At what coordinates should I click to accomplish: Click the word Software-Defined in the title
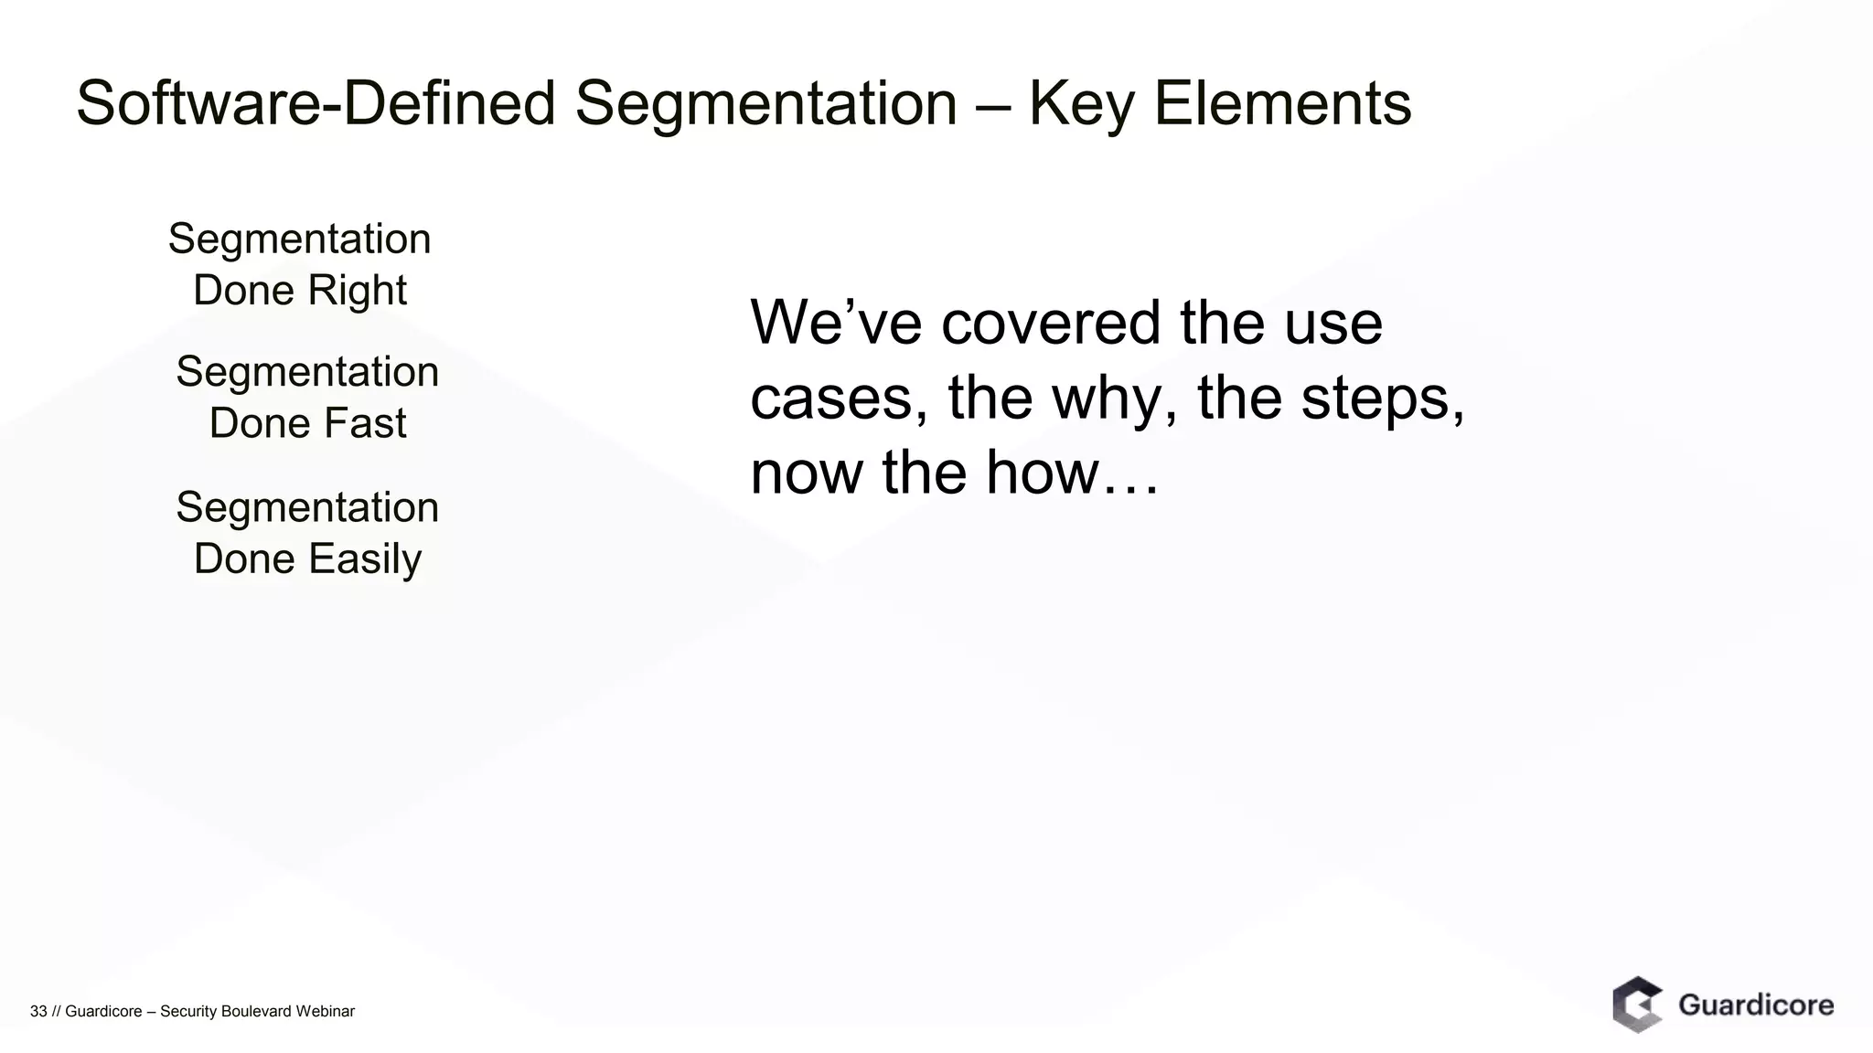click(x=316, y=103)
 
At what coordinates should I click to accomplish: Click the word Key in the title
click(x=1079, y=103)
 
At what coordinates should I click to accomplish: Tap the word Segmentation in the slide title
click(x=765, y=103)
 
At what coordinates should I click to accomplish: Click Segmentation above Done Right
click(x=299, y=239)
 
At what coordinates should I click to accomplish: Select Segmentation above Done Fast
click(x=307, y=372)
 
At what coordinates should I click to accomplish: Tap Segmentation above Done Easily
click(x=307, y=507)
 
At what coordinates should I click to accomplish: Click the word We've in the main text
click(x=835, y=323)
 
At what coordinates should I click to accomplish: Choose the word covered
click(x=1051, y=323)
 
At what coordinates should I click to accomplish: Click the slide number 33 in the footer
click(x=38, y=1011)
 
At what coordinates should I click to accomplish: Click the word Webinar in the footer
click(x=325, y=1011)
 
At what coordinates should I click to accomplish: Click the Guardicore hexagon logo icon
click(x=1637, y=1005)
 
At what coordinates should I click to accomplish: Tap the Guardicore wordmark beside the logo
click(x=1756, y=1005)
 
